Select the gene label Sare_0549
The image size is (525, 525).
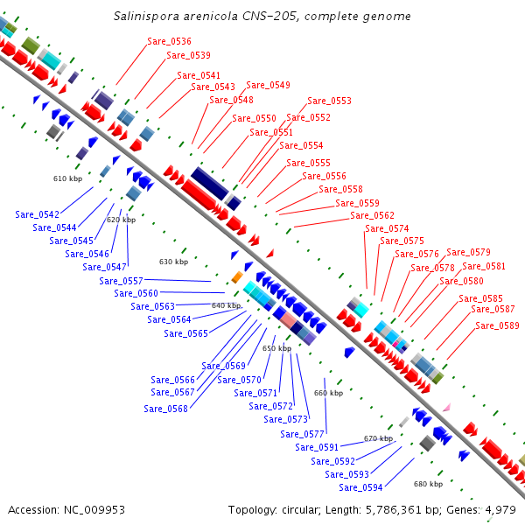tap(268, 85)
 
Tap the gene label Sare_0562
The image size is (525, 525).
tap(372, 215)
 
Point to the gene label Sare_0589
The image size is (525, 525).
tap(497, 325)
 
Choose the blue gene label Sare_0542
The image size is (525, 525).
tap(37, 214)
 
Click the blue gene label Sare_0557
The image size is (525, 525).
tap(121, 281)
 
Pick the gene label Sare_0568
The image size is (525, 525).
tap(165, 409)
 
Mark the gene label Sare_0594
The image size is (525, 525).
tap(360, 487)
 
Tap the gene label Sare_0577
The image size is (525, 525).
tap(302, 434)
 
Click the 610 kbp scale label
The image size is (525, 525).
tap(67, 178)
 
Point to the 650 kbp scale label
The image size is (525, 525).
tap(276, 348)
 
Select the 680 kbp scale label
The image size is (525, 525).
tap(428, 484)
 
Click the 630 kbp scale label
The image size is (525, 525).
tap(173, 262)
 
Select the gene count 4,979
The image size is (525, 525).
tap(499, 509)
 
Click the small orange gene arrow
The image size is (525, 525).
tap(237, 277)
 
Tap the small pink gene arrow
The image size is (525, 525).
tap(446, 407)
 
